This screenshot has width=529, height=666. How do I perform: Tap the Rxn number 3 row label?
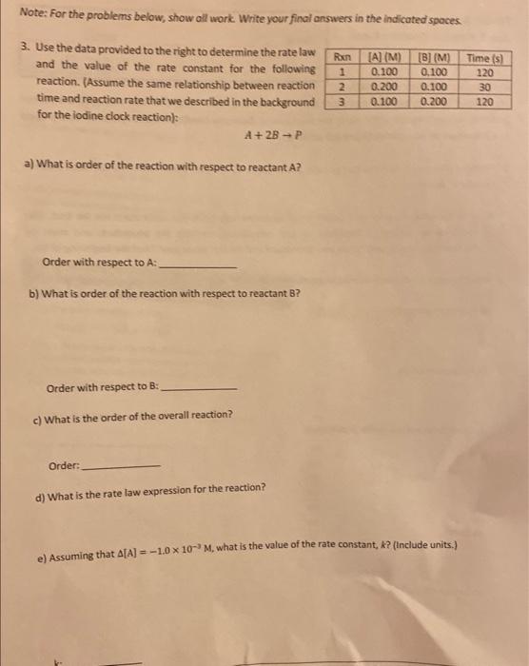340,100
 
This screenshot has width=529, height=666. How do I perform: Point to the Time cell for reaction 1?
484,72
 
